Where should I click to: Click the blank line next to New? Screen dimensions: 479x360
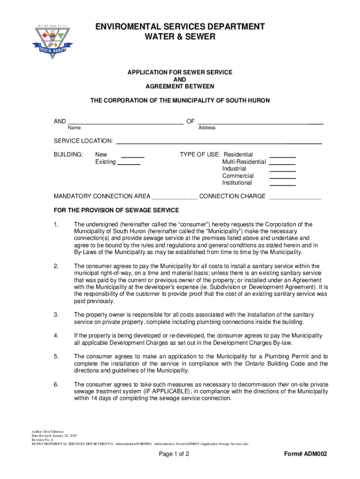[x=132, y=157]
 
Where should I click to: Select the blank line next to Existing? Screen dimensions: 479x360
[x=129, y=164]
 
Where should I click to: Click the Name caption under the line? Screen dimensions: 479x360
[x=74, y=128]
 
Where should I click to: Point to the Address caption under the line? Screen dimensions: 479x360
[x=207, y=128]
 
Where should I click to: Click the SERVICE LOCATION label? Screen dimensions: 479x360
[x=83, y=141]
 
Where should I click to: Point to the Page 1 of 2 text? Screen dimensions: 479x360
[x=174, y=454]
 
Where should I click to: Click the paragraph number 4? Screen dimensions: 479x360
[x=56, y=336]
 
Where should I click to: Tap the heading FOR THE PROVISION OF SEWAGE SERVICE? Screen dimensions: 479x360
[x=116, y=210]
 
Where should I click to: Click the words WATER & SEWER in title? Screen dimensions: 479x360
[x=180, y=36]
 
